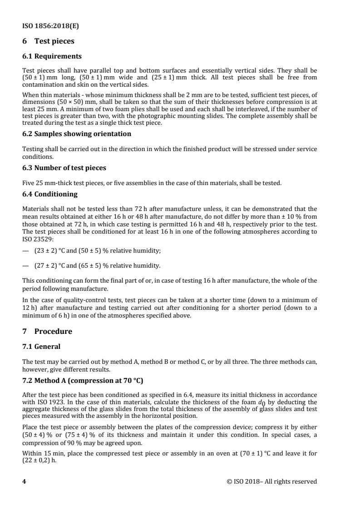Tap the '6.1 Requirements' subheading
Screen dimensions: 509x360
tap(52, 57)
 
